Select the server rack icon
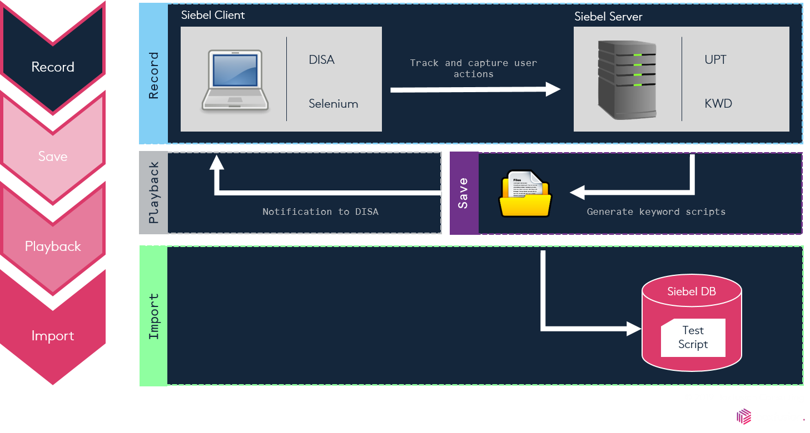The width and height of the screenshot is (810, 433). (627, 79)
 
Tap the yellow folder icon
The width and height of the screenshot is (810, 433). (525, 194)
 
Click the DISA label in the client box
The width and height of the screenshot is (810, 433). (321, 60)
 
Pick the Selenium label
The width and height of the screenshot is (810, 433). (333, 104)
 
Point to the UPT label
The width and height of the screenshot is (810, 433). (715, 60)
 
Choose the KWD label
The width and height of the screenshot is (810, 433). (718, 104)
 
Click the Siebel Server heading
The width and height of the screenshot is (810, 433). (608, 17)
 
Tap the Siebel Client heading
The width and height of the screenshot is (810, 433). (213, 15)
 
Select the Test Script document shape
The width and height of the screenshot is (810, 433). (693, 338)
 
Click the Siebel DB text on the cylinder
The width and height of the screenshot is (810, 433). (691, 291)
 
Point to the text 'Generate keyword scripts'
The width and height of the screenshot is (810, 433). (656, 212)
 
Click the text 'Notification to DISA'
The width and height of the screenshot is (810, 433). (320, 212)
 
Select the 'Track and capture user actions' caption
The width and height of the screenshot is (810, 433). (474, 68)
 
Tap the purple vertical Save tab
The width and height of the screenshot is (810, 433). (464, 193)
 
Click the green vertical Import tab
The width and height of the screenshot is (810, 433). (153, 316)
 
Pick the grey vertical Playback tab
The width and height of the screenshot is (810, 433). (153, 193)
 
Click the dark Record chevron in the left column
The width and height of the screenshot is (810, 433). (53, 67)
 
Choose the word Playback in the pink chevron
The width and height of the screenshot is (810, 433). (53, 246)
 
